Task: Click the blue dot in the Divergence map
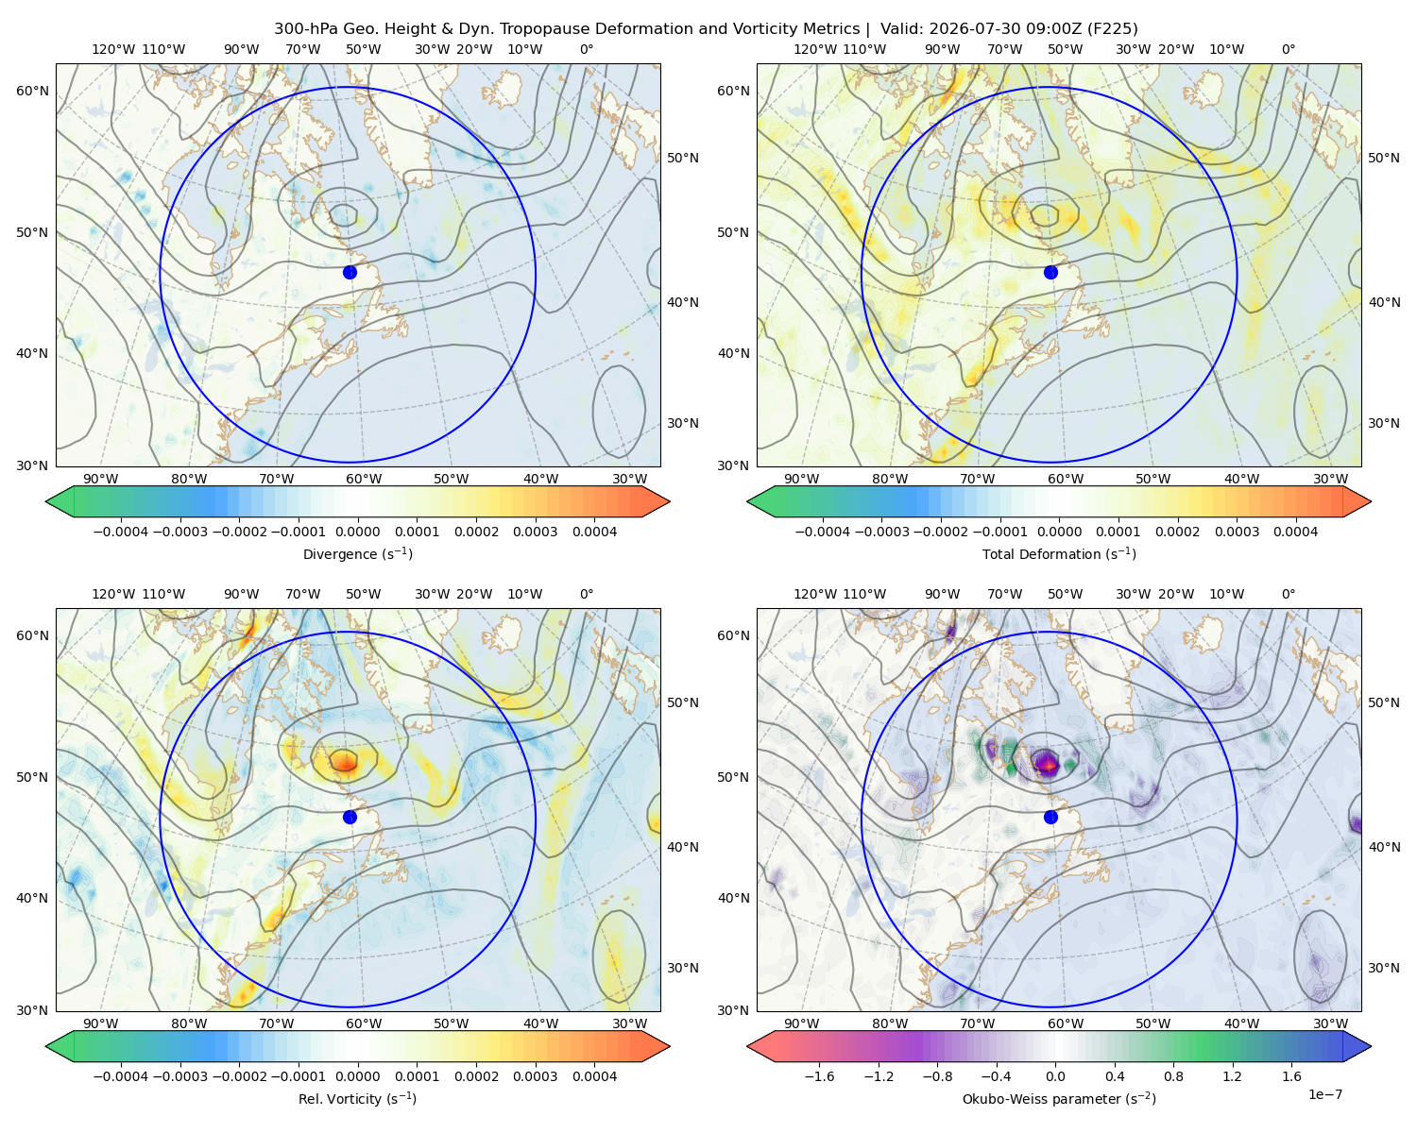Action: coord(350,272)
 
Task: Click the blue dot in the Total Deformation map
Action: coord(1050,272)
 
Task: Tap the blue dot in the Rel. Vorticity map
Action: coord(350,817)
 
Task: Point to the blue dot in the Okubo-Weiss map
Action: coord(1050,817)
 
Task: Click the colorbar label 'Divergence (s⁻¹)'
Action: coord(357,553)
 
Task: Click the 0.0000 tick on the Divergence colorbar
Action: coord(357,532)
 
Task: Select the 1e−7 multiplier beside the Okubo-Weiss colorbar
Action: coord(1324,1094)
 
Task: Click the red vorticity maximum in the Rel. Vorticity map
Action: coord(344,761)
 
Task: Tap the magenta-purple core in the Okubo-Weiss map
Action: coord(1046,763)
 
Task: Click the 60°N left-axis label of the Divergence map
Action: coord(32,91)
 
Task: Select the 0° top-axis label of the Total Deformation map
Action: coord(1288,49)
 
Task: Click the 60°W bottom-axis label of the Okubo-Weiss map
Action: coord(1066,1023)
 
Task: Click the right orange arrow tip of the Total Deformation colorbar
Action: coord(1371,501)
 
